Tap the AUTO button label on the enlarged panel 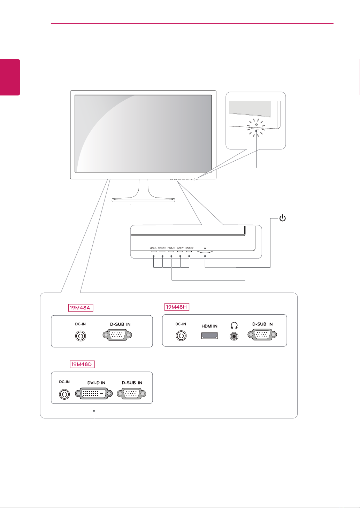pos(180,248)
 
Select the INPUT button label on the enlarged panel pos(189,248)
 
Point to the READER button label pos(162,248)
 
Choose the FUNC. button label pos(171,248)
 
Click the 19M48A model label pos(81,308)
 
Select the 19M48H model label pos(177,307)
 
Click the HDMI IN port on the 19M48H pos(209,336)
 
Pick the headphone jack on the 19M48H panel pos(234,336)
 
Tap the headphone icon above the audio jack pos(234,325)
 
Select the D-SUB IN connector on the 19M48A pos(118,336)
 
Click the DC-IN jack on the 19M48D pos(64,394)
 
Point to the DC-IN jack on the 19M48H pos(181,336)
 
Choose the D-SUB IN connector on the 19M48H pos(262,336)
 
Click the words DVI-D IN pos(96,383)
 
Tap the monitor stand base pos(144,200)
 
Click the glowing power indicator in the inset pos(256,128)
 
